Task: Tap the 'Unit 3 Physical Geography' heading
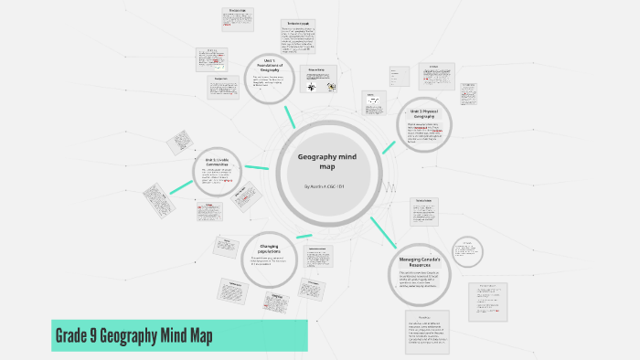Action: pyautogui.click(x=424, y=113)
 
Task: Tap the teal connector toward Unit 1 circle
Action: pyautogui.click(x=292, y=117)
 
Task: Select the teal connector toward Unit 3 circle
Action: pyautogui.click(x=389, y=145)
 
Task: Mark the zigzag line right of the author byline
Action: pyautogui.click(x=390, y=185)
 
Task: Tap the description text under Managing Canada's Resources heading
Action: pyautogui.click(x=423, y=280)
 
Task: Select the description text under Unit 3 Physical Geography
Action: pyautogui.click(x=424, y=133)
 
